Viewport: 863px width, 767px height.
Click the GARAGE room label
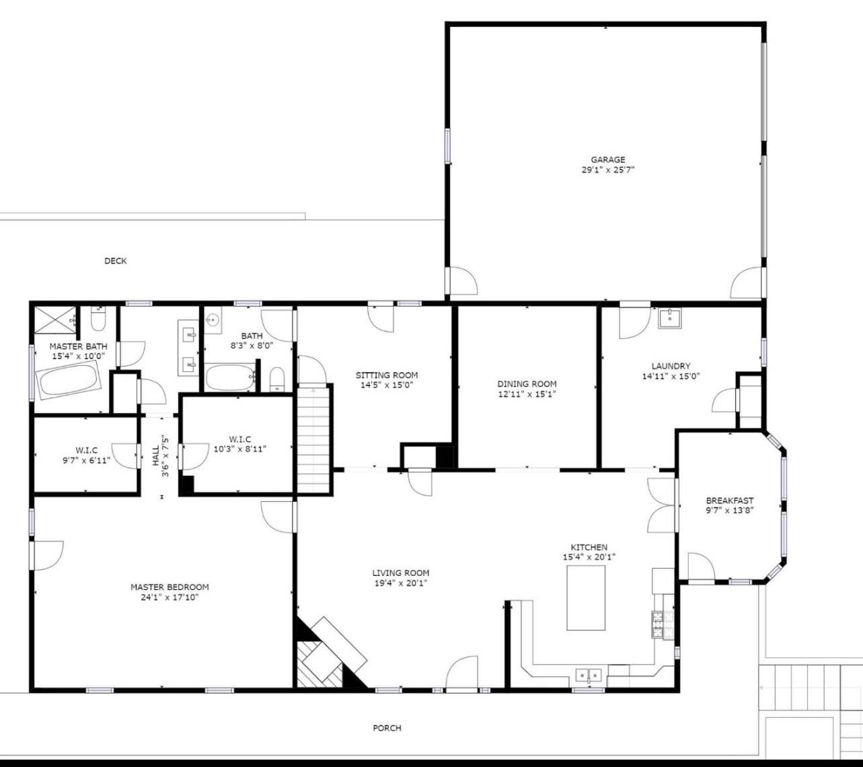click(x=608, y=160)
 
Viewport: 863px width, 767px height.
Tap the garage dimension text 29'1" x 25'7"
click(x=608, y=170)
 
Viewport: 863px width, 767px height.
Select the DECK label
click(x=116, y=261)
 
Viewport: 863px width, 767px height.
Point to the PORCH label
click(x=387, y=728)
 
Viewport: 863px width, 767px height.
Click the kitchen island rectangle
click(x=586, y=597)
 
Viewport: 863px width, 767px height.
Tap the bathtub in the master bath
click(x=69, y=381)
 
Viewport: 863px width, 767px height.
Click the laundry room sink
click(x=669, y=318)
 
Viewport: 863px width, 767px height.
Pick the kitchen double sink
click(x=589, y=675)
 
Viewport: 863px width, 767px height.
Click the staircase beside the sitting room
click(x=313, y=439)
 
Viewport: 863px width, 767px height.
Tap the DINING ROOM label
click(x=527, y=384)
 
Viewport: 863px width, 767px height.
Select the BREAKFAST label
click(x=730, y=501)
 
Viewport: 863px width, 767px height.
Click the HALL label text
click(x=155, y=455)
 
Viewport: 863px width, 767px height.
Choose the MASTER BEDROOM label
click(x=170, y=587)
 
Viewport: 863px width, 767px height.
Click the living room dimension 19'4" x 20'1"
click(x=401, y=583)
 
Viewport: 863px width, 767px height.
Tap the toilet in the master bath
click(x=98, y=319)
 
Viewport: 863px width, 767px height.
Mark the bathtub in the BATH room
click(x=231, y=377)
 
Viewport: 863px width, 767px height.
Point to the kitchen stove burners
click(x=657, y=624)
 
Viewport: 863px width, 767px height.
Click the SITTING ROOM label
click(x=387, y=375)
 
